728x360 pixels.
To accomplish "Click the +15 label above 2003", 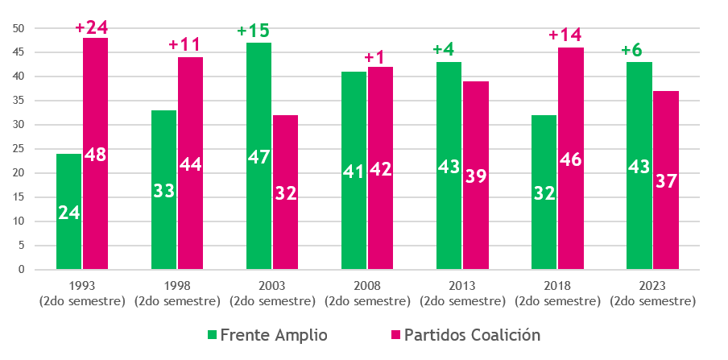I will click(x=253, y=31).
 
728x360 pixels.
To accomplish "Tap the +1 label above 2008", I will click(x=374, y=57).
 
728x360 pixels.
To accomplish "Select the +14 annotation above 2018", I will click(x=565, y=36).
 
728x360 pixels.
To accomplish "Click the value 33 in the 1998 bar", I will click(x=163, y=192).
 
